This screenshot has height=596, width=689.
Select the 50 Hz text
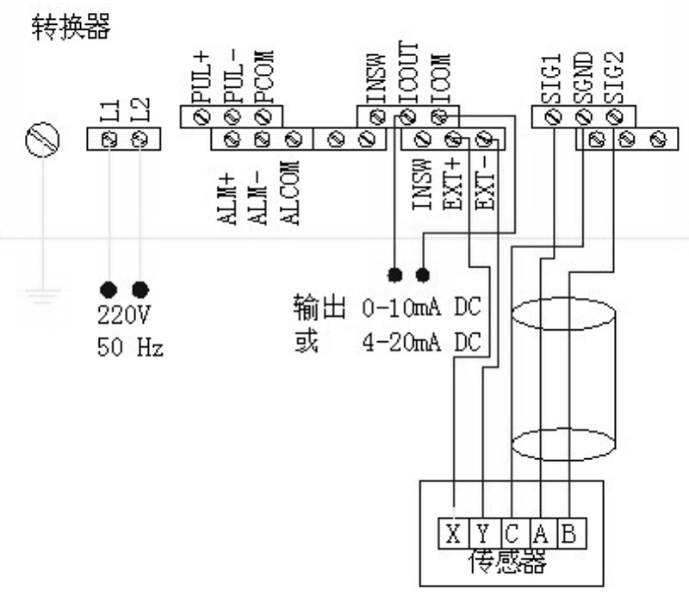[x=129, y=349]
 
